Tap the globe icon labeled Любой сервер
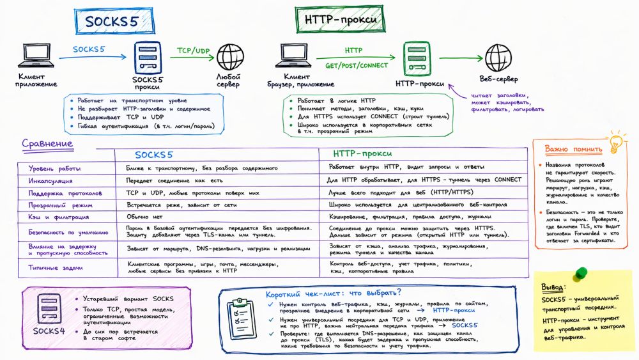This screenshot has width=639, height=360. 229,57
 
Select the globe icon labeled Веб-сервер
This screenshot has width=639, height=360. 497,57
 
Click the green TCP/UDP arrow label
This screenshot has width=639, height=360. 194,51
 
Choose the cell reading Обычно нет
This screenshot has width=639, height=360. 145,218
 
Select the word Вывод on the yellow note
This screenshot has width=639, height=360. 553,286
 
